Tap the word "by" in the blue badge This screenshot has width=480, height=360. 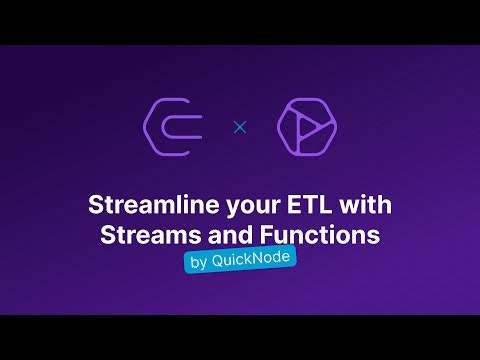[198, 260]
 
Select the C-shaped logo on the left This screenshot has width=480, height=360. [175, 127]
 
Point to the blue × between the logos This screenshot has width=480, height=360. [239, 127]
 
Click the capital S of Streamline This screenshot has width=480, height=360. [96, 207]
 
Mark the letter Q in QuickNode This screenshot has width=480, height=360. [220, 258]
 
